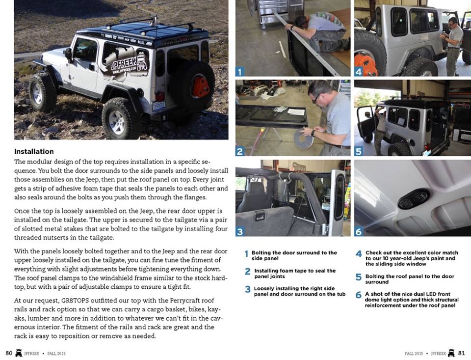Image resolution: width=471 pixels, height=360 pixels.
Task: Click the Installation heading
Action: point(34,151)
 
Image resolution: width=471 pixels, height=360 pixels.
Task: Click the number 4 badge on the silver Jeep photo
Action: point(359,71)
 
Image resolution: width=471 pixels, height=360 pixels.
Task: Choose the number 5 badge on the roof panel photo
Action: point(359,151)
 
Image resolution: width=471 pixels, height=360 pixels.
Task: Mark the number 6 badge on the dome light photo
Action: point(359,231)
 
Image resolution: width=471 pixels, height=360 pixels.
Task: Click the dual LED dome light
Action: point(413,198)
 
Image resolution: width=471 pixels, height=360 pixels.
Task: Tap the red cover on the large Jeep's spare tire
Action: point(200,86)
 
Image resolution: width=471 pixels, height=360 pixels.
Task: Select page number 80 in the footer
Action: point(9,353)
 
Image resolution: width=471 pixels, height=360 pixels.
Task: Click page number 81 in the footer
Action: point(461,353)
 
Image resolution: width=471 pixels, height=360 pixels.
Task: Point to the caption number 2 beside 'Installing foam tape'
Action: point(248,272)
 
